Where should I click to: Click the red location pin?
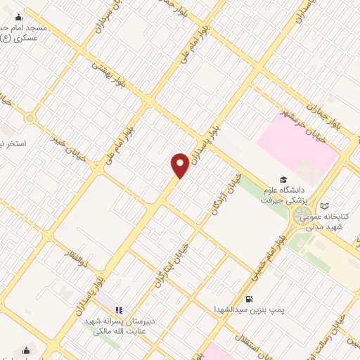tap(180, 166)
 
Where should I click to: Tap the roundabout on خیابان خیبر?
tap(30, 118)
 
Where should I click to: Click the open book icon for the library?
tap(324, 206)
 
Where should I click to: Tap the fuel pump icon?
tap(250, 297)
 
